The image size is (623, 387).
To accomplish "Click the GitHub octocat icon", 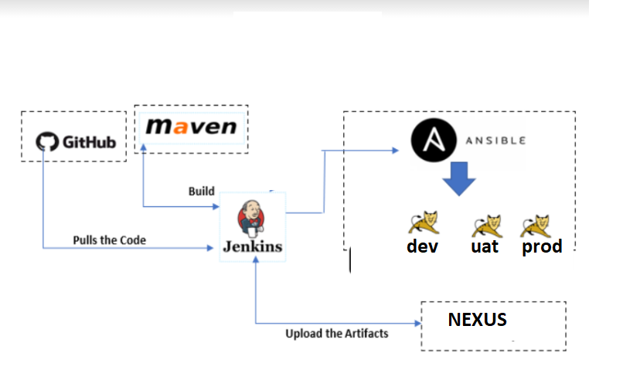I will coord(48,142).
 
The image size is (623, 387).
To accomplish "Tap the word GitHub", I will coord(88,143).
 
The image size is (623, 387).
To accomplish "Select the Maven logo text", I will coord(191,127).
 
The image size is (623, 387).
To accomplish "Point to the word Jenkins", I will coord(253,247).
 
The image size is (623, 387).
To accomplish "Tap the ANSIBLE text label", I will coord(495,141).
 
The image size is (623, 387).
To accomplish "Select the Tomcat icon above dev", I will coord(423,224).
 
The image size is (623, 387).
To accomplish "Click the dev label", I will coord(422,246).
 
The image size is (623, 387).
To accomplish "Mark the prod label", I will coord(542,247).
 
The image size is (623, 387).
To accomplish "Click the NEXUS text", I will coord(478,320).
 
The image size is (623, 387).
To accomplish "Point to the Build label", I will coord(201,191).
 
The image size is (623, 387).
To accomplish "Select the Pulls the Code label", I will coord(109,239).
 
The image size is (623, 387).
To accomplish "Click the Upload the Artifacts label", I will coord(337,334).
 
